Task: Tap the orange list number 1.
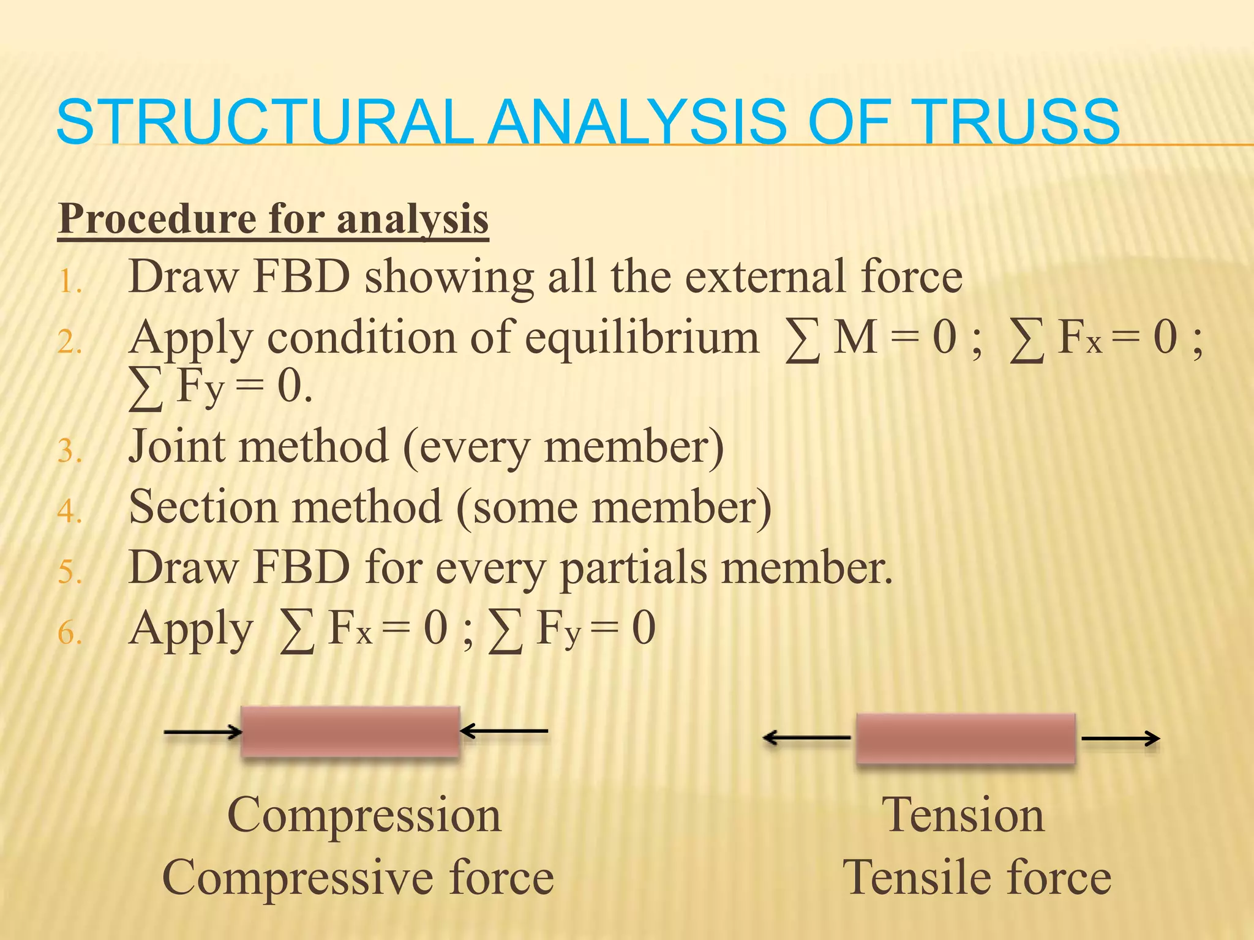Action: coord(69,283)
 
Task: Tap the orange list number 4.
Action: coord(69,512)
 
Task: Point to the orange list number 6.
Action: coord(69,633)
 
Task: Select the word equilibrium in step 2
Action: coord(642,338)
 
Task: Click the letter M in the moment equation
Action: coord(855,338)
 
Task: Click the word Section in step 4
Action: coord(202,507)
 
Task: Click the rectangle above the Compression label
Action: coord(350,732)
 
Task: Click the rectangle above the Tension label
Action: coord(965,738)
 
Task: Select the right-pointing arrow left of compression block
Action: coord(203,732)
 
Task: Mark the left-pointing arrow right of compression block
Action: coord(504,731)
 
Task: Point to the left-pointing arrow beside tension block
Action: coord(807,738)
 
